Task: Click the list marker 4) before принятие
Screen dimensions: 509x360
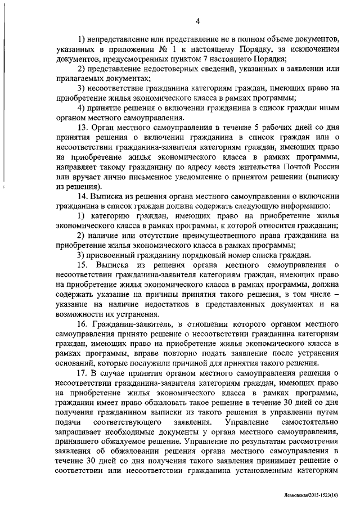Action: [82, 107]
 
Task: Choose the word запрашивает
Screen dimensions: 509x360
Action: [80, 432]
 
